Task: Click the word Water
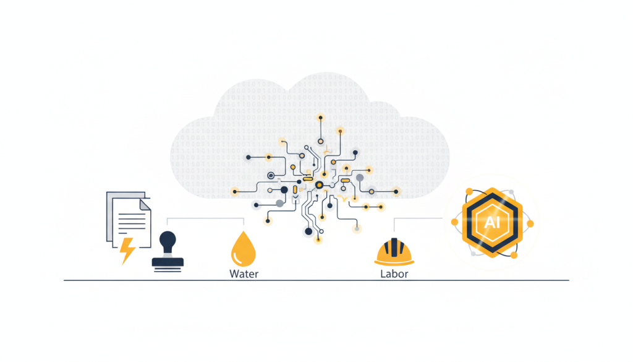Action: (244, 274)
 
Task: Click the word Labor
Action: (394, 274)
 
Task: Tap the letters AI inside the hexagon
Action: (492, 222)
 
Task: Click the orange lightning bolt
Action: (128, 249)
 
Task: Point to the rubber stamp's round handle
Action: (167, 239)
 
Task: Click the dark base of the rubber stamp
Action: (168, 262)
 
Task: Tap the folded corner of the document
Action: (145, 204)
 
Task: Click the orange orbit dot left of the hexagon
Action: (454, 222)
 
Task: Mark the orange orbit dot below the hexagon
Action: (513, 254)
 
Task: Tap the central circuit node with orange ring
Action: (319, 184)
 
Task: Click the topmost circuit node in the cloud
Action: (320, 117)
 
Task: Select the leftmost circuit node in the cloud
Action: (234, 191)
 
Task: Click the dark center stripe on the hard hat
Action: (394, 248)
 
